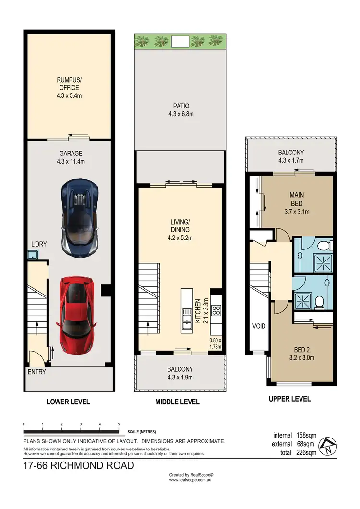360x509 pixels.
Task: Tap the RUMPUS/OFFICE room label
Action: [68, 88]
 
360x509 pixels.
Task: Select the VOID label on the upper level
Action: [259, 326]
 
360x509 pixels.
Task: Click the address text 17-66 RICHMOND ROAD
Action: [79, 465]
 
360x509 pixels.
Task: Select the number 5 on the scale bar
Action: [119, 424]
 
